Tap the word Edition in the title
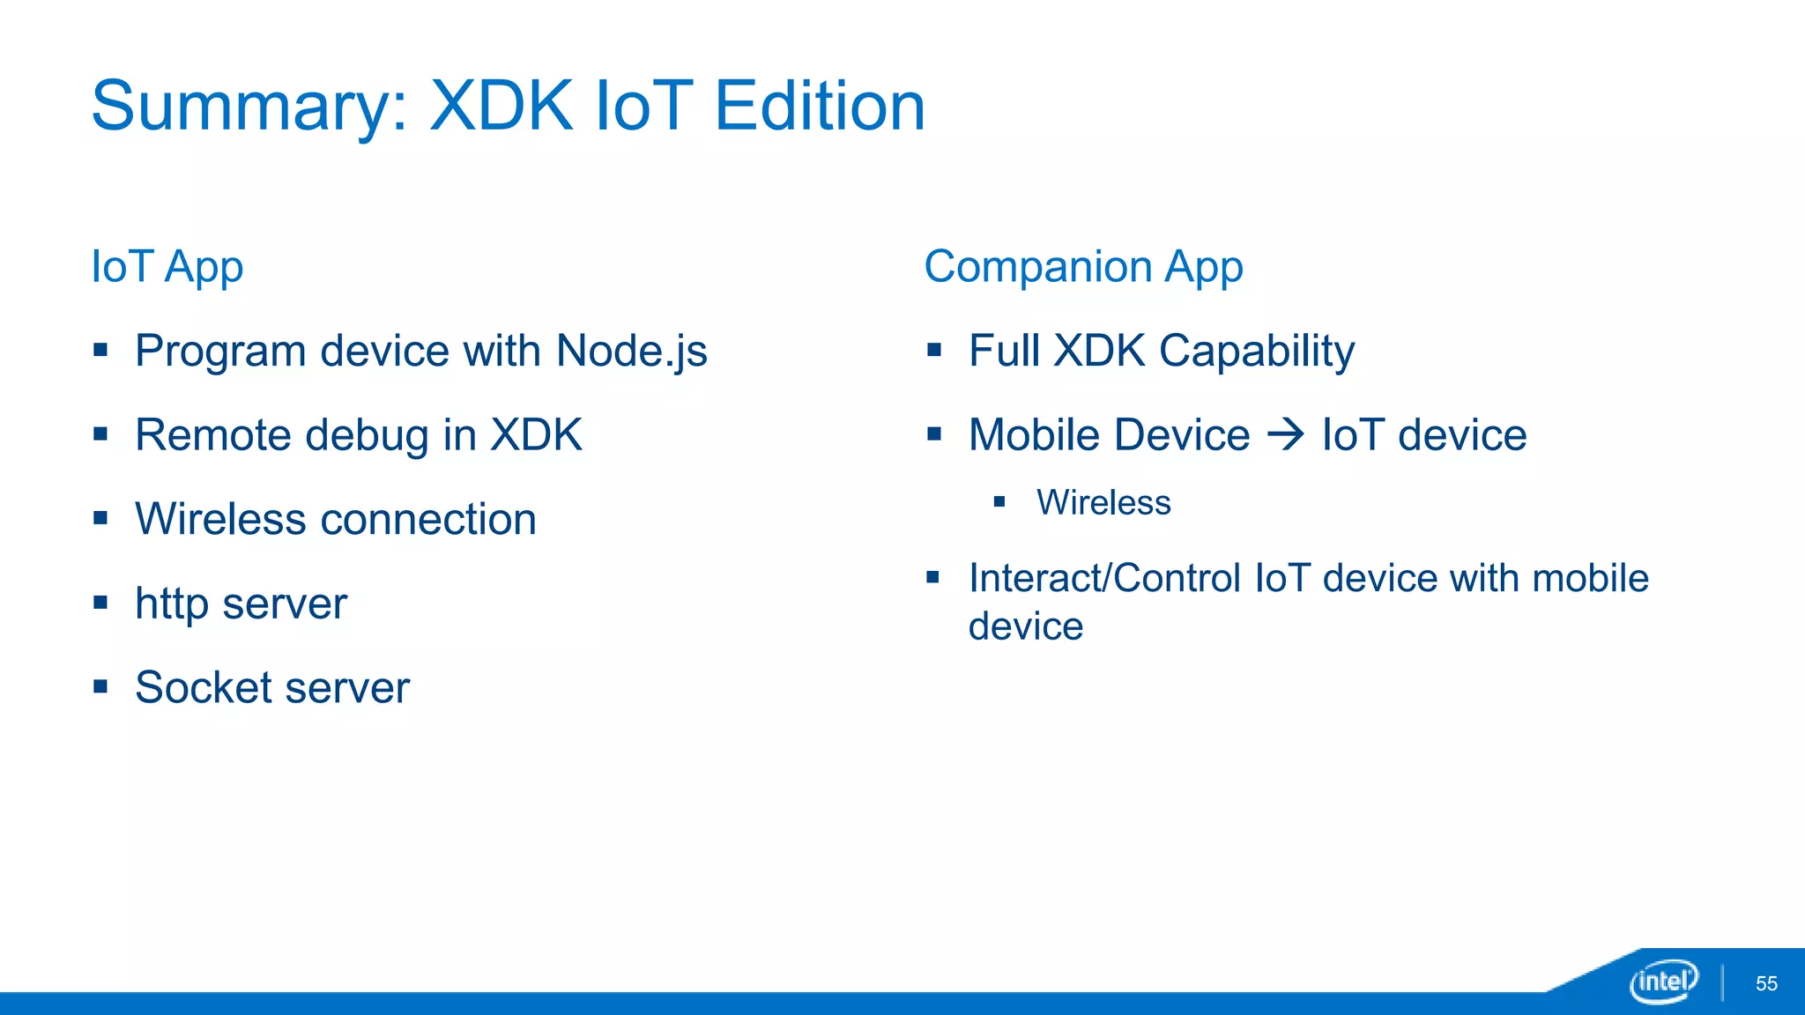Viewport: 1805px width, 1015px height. pyautogui.click(x=820, y=106)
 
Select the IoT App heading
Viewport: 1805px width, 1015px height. pyautogui.click(x=167, y=267)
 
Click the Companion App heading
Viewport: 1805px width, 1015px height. pyautogui.click(x=1083, y=267)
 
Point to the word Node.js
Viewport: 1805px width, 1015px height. pyautogui.click(x=631, y=352)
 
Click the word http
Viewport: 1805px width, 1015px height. pyautogui.click(x=171, y=604)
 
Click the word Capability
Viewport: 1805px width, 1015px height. pyautogui.click(x=1256, y=352)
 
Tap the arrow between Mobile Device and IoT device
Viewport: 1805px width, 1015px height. pyautogui.click(x=1286, y=434)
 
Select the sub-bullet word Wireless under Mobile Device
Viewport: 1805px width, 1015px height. pyautogui.click(x=1103, y=502)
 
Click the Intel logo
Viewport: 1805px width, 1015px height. pyautogui.click(x=1663, y=981)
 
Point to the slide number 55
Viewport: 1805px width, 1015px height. pyautogui.click(x=1766, y=983)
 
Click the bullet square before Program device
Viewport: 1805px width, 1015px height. pyautogui.click(x=100, y=350)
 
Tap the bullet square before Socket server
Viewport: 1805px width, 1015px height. pyautogui.click(x=100, y=685)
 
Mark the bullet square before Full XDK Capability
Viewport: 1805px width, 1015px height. pyautogui.click(x=934, y=350)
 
